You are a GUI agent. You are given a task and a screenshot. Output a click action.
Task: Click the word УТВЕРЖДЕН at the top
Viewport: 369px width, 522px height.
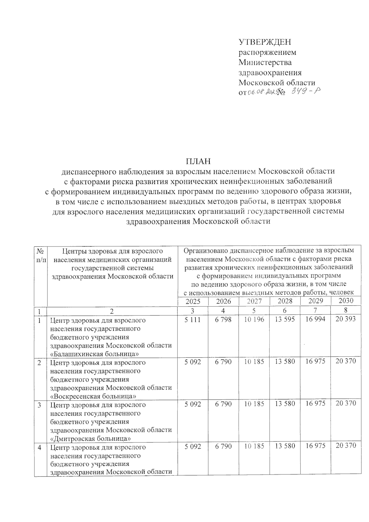pos(265,42)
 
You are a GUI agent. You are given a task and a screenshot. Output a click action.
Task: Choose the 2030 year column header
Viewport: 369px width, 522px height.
pos(346,300)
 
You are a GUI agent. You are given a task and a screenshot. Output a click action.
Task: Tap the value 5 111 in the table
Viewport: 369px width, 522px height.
pos(192,320)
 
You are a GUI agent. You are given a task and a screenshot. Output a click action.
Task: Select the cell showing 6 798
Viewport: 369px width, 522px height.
pos(223,320)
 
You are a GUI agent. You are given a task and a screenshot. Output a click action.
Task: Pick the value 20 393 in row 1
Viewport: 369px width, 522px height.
pos(346,319)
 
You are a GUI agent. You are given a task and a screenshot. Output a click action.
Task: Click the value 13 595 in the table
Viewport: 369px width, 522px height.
pos(285,319)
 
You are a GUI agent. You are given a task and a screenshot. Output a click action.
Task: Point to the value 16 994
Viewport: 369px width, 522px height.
pos(315,319)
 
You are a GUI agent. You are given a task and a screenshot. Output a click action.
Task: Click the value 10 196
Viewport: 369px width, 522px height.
pos(254,320)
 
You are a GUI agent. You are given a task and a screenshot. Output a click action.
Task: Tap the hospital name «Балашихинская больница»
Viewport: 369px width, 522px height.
pos(92,354)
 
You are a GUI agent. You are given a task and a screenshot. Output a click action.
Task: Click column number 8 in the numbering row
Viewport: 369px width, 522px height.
pos(346,311)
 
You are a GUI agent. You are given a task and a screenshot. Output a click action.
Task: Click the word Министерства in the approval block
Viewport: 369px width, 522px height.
pos(265,62)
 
